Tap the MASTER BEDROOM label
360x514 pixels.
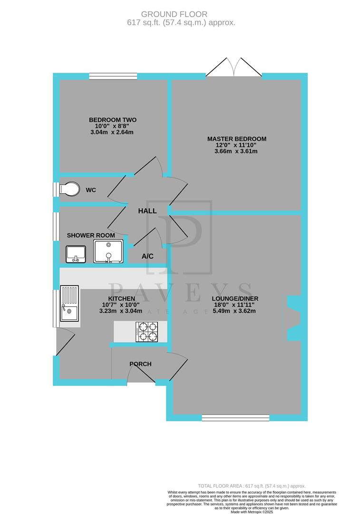(236, 139)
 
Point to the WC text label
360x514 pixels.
(91, 190)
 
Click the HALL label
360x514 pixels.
(147, 211)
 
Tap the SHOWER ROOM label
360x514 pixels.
(91, 236)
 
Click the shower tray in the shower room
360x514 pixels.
(109, 251)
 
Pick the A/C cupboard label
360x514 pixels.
(147, 257)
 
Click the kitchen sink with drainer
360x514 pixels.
(69, 306)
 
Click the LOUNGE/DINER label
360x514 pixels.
(236, 299)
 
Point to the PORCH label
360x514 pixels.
(140, 364)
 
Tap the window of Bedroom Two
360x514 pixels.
(113, 76)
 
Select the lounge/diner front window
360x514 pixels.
(235, 418)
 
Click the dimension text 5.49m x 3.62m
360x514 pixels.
(236, 312)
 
